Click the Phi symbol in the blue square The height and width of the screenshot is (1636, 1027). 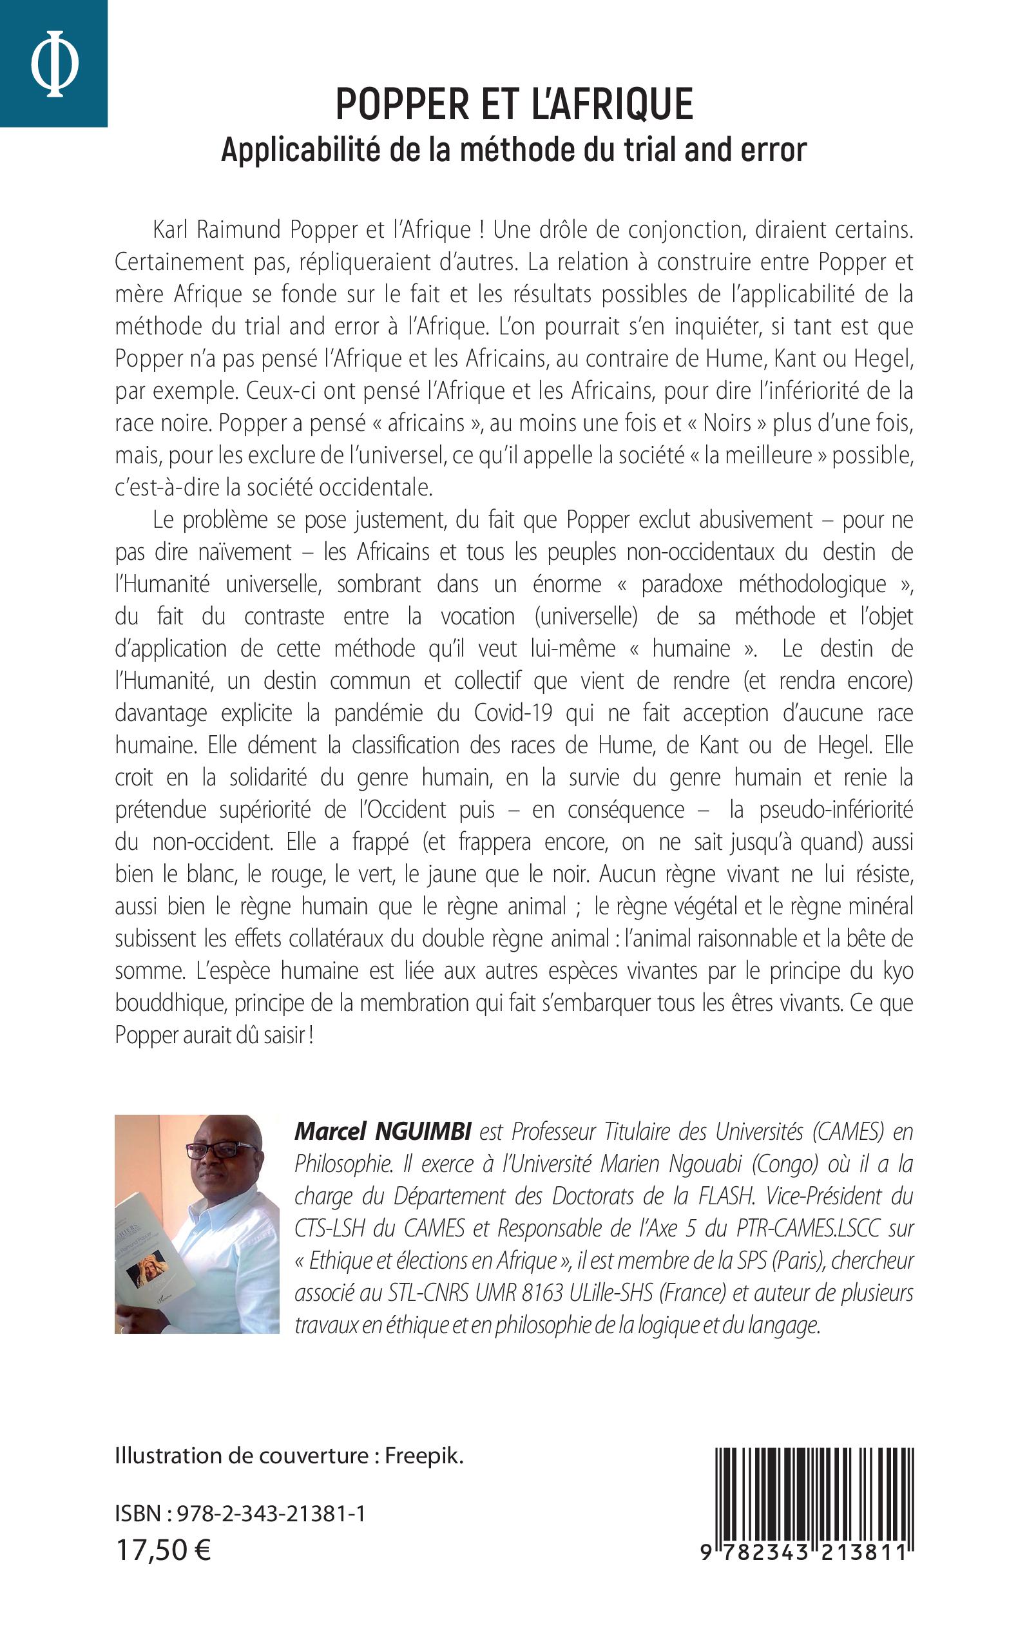(x=54, y=64)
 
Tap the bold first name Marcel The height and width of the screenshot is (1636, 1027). (x=330, y=1131)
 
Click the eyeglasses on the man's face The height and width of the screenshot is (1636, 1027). (x=220, y=1150)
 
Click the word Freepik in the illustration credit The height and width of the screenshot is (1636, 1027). (x=424, y=1456)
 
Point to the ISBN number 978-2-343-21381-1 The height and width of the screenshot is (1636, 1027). (x=271, y=1514)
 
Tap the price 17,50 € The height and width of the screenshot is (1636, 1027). (x=163, y=1550)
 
